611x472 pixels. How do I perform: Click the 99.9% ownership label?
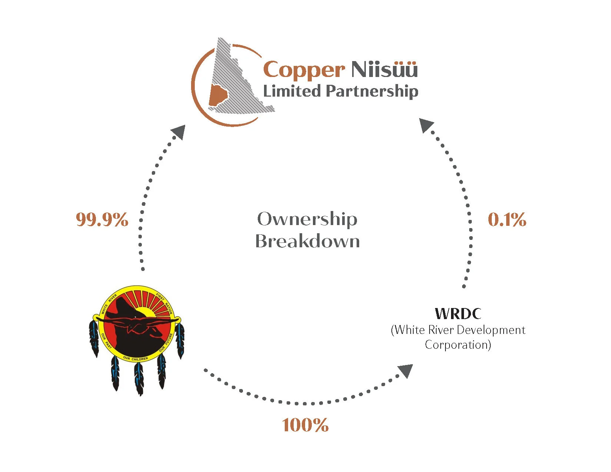click(x=102, y=220)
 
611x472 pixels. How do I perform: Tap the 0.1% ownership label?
click(x=507, y=220)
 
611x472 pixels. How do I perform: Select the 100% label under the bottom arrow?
click(x=305, y=425)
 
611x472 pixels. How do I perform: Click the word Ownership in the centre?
click(x=307, y=219)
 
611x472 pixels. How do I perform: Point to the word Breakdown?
click(x=307, y=241)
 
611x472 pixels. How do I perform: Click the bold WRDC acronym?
click(x=458, y=314)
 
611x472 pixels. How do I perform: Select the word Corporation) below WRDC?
click(x=458, y=345)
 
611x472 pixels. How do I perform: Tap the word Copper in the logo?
click(x=304, y=70)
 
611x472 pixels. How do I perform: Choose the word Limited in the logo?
click(x=291, y=91)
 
